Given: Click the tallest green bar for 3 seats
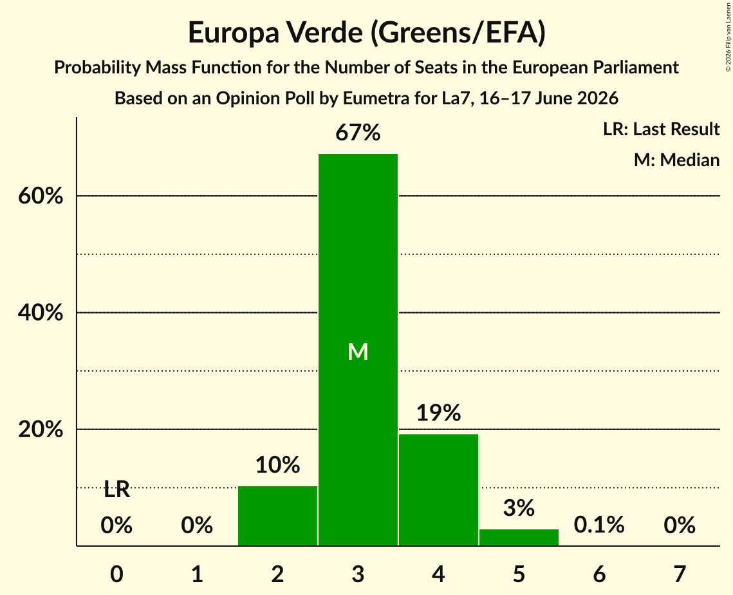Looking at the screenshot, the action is coord(358,350).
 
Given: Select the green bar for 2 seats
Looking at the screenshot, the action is coord(277,516).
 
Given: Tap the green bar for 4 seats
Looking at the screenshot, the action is coord(438,490).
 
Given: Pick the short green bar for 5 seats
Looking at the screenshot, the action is coord(519,538).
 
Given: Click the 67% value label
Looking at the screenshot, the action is coord(358,133).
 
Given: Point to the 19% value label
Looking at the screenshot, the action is coord(438,413).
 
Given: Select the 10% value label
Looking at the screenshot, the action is coord(277,465).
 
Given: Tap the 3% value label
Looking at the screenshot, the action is coord(519,508).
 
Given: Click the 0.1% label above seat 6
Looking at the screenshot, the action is coord(599,525).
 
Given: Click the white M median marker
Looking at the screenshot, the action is coord(358,352).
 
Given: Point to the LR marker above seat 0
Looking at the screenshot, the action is coord(117,490).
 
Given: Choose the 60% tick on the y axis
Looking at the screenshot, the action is coord(40,196).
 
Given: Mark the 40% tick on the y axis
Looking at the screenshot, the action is coord(40,312).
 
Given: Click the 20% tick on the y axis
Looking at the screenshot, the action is coord(40,430).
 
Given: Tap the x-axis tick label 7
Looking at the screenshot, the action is coord(680,574).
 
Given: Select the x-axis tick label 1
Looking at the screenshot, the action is coord(198,574).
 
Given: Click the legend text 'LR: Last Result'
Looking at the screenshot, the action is coord(662,129).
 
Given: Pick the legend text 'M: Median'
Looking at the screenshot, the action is coord(677,160).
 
